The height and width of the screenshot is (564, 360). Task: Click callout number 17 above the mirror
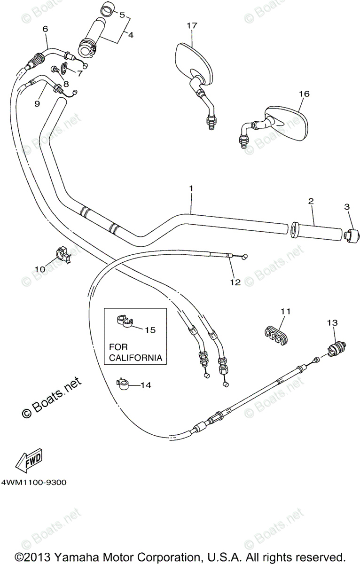click(x=191, y=26)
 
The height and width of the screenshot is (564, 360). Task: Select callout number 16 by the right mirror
click(x=304, y=94)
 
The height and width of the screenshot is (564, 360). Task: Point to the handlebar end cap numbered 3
click(x=349, y=235)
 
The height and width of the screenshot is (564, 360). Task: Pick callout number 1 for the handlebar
click(x=191, y=188)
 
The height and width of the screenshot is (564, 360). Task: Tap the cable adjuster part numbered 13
click(x=334, y=349)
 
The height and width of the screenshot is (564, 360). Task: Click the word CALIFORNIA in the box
click(x=136, y=358)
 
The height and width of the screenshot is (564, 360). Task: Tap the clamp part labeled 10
click(x=63, y=253)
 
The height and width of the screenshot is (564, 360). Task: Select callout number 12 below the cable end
click(x=235, y=282)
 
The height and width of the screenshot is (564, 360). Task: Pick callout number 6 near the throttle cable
click(x=45, y=29)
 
